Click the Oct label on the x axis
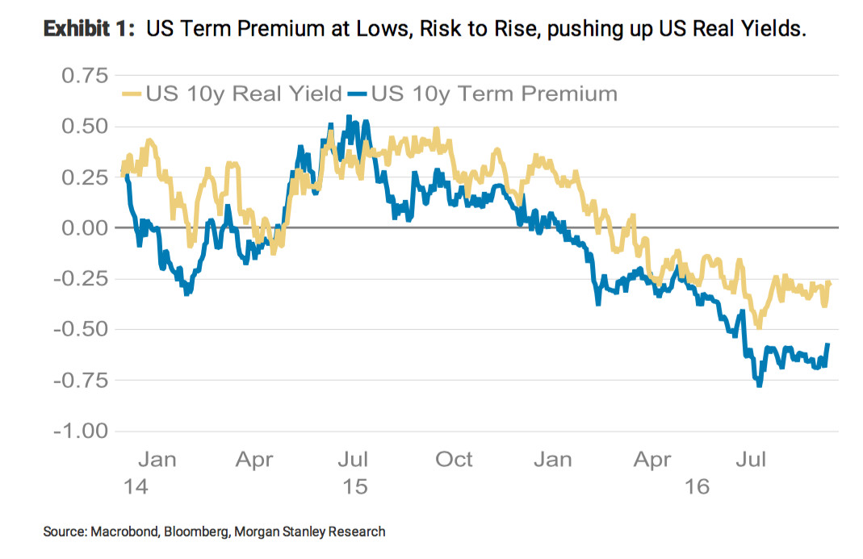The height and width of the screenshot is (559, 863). (454, 460)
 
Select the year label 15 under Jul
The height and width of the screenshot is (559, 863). (354, 486)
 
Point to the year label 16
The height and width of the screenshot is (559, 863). (695, 486)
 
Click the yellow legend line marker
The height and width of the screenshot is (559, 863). (132, 94)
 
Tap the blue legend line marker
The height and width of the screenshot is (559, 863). (357, 94)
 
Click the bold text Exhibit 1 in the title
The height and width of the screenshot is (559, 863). (89, 30)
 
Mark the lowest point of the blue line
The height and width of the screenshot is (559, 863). (760, 386)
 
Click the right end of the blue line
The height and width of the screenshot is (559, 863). (827, 345)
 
